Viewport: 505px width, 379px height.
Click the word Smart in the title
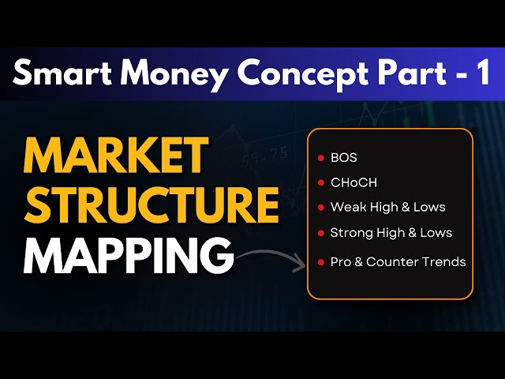coord(56,73)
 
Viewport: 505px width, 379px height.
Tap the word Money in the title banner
coord(150,73)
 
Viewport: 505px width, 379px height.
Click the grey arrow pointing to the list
coord(272,257)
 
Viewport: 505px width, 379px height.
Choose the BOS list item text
coord(344,158)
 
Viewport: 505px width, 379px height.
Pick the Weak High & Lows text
coord(387,207)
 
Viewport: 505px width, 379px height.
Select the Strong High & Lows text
coord(391,233)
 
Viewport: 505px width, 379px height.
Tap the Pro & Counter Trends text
coord(398,261)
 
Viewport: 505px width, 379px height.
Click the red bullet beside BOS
coord(320,158)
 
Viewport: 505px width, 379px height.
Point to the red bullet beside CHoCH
coord(320,182)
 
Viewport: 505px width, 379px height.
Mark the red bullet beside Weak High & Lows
coord(320,208)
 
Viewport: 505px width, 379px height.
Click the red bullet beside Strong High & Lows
coord(320,234)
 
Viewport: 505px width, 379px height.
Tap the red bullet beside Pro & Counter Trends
coord(320,261)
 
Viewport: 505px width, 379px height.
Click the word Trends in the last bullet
coord(445,261)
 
